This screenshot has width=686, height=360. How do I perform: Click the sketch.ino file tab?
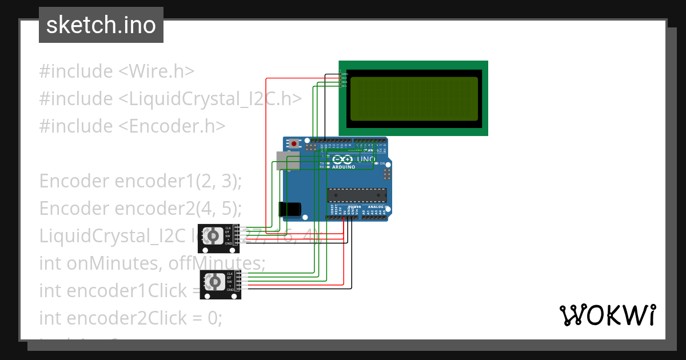pos(101,25)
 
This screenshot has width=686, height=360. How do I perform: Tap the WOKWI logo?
pos(607,315)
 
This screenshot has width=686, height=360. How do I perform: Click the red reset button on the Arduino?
pos(294,144)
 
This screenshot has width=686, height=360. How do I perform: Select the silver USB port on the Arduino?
pos(288,161)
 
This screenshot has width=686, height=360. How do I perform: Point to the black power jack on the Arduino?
pos(290,210)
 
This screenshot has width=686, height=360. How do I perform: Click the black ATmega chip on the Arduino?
pos(357,195)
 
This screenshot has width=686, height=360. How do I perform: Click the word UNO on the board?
pos(368,159)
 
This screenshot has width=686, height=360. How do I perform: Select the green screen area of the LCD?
pos(414,99)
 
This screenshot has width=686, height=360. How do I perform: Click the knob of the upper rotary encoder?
pos(214,235)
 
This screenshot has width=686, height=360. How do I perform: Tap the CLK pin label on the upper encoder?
pos(228,228)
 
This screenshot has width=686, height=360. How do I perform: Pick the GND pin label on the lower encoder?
pos(230,290)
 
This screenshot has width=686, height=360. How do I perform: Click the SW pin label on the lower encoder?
pos(229,282)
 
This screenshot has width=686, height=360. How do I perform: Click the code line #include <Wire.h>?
pos(117,71)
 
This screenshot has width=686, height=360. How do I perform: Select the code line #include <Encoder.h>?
pos(132,126)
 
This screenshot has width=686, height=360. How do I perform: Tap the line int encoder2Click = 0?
pos(130,318)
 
